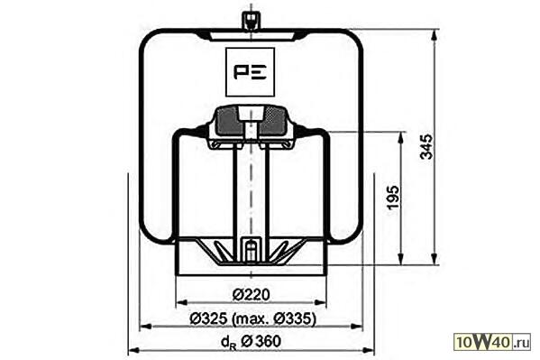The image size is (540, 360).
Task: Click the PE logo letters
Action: (250, 72)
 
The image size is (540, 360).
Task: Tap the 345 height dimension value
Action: (427, 146)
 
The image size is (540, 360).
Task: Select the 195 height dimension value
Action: (392, 197)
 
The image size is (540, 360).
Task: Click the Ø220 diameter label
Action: (251, 294)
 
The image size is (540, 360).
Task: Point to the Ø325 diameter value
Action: (209, 318)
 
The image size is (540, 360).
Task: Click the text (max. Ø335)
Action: (274, 319)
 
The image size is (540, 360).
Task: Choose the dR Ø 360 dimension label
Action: (251, 342)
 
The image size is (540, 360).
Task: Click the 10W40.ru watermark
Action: (493, 342)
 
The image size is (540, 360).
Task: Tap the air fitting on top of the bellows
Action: (251, 21)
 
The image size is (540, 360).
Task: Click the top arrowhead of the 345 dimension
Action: (435, 35)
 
